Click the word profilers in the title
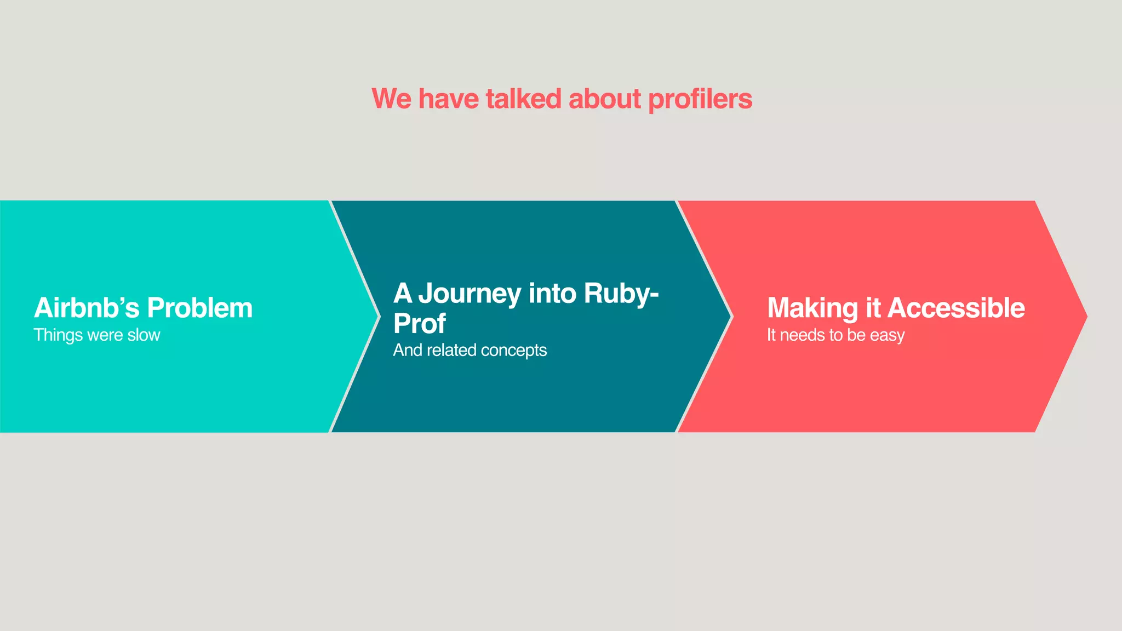700,100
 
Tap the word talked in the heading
523,99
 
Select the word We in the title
391,99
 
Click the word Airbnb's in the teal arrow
87,308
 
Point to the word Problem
199,308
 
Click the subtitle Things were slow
97,335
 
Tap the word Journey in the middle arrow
470,294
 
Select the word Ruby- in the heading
621,294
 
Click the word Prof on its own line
419,324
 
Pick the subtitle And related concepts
470,350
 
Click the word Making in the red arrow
812,308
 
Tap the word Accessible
956,308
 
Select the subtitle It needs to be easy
835,335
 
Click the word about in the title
605,99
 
